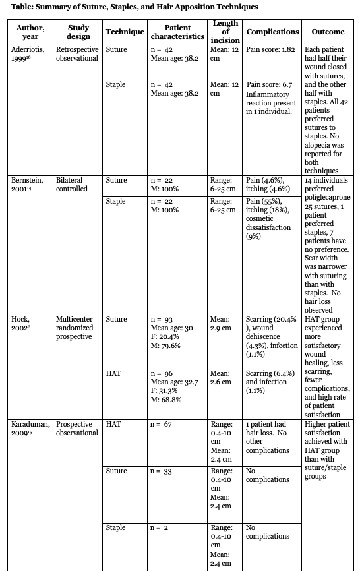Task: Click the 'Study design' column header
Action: point(78,32)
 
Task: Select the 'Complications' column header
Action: point(272,32)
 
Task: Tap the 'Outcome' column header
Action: point(328,32)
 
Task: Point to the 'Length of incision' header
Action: point(225,32)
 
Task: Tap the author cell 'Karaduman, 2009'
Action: point(31,429)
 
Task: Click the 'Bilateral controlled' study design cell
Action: point(72,183)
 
